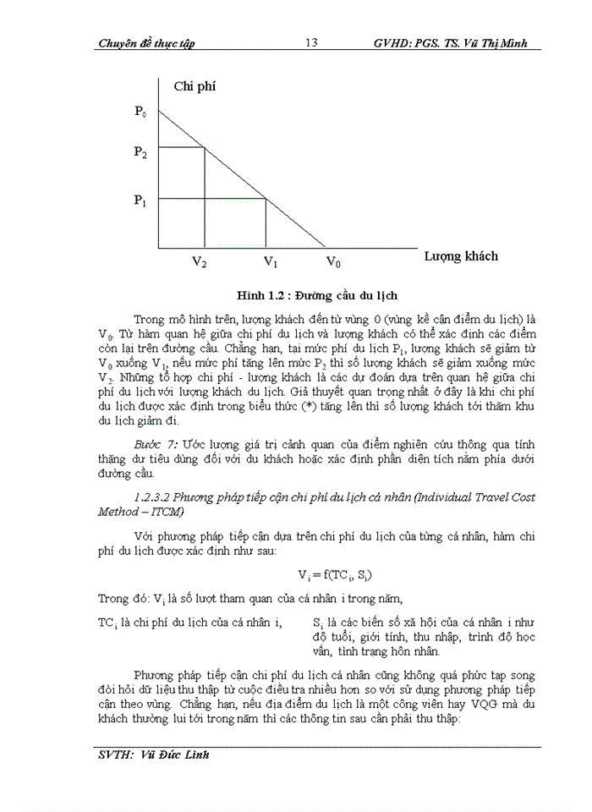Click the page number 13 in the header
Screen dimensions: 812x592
coord(310,43)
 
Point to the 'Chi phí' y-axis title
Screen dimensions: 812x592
coord(195,86)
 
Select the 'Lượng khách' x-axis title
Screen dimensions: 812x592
coord(461,255)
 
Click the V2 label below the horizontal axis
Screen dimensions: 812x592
coord(199,262)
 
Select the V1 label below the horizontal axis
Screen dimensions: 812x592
coord(271,262)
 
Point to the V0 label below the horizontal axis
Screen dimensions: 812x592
coord(334,262)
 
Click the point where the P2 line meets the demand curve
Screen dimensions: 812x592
coord(205,148)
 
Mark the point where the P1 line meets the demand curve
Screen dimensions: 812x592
coord(266,198)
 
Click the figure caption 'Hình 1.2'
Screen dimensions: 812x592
coord(264,295)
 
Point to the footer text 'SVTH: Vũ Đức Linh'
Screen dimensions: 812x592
coord(153,754)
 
